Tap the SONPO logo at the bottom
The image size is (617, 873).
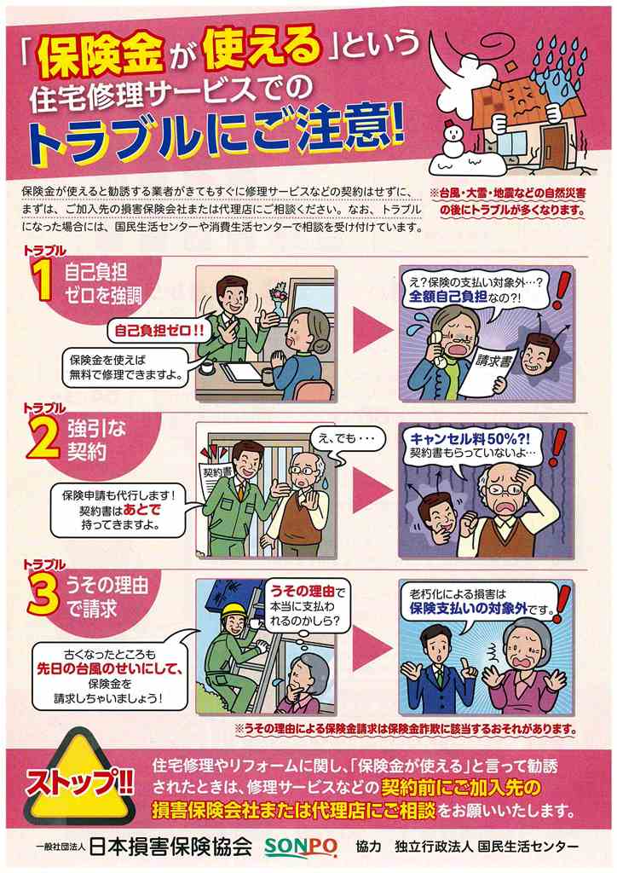click(x=301, y=847)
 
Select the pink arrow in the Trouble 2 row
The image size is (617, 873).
click(x=372, y=490)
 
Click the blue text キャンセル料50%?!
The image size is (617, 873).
click(x=470, y=439)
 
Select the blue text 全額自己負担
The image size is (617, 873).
click(x=448, y=296)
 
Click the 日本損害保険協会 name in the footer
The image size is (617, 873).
click(x=169, y=847)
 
